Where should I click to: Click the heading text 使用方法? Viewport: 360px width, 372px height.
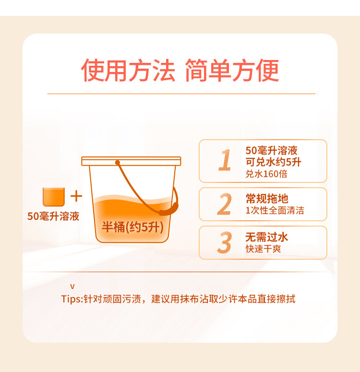(x=128, y=71)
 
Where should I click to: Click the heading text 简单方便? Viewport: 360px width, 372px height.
(x=231, y=71)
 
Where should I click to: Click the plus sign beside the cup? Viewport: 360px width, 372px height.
(x=76, y=196)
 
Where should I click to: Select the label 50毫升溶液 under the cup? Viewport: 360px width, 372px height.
(x=53, y=216)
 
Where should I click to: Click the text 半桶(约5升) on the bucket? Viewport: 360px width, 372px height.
(x=132, y=227)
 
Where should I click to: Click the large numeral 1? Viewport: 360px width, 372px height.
(x=225, y=160)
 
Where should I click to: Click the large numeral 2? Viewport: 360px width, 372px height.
(x=224, y=204)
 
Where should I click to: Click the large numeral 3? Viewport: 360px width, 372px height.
(x=224, y=242)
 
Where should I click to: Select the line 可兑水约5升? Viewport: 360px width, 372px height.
(x=273, y=162)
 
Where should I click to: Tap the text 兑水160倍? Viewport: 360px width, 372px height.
(x=266, y=174)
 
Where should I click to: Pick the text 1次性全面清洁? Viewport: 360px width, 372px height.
(x=275, y=210)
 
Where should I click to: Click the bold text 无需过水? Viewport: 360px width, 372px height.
(x=267, y=237)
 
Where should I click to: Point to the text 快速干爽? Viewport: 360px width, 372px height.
(x=263, y=249)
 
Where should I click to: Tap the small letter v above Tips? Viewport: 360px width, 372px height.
(x=72, y=287)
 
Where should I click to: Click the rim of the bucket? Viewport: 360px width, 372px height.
(x=131, y=161)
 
